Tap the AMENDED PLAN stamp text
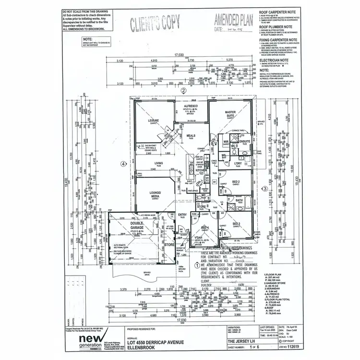click(233, 20)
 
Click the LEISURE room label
click(154, 120)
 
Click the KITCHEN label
click(201, 170)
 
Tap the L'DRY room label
click(238, 164)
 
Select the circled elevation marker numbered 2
click(183, 91)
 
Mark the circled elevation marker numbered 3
click(264, 189)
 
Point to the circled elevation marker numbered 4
click(123, 164)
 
